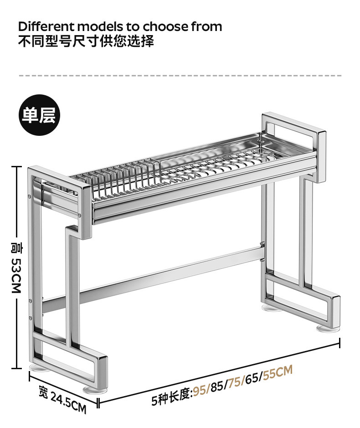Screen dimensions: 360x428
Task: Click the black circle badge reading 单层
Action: point(39,115)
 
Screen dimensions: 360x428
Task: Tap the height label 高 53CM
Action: point(16,267)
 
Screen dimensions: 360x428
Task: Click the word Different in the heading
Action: point(46,26)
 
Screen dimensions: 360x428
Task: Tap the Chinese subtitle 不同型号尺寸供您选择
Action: point(86,41)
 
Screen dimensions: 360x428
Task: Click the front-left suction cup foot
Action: point(95,390)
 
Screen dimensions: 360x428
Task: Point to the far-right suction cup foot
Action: point(328,328)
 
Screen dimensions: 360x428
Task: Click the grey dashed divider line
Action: point(180,75)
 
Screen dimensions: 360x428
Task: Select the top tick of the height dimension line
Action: point(16,166)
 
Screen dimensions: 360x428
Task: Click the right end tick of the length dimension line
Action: point(339,343)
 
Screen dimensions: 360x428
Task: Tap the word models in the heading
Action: point(100,27)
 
